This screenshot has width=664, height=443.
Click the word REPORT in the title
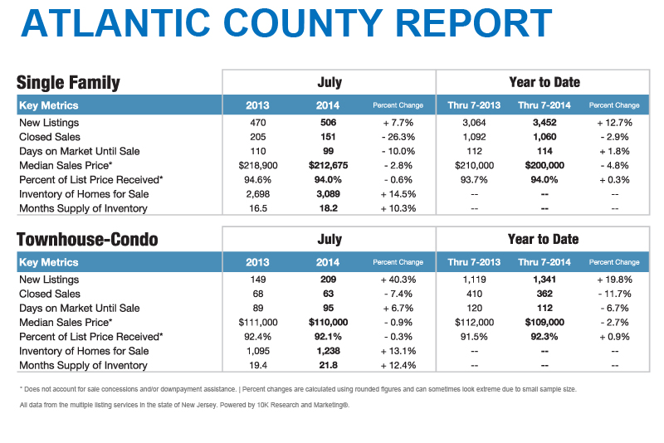pos(473,23)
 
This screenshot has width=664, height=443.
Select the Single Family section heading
pos(68,82)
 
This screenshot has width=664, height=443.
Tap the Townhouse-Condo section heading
pos(87,240)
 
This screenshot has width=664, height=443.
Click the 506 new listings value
pos(328,123)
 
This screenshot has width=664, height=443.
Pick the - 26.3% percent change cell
pos(398,137)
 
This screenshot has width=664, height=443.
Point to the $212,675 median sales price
pos(328,165)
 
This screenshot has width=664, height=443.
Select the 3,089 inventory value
pos(328,194)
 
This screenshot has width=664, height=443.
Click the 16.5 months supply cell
pos(258,208)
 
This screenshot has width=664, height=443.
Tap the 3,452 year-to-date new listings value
pos(544,123)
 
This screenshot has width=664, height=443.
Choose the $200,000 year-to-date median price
pos(544,165)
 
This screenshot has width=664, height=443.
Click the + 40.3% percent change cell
pos(398,280)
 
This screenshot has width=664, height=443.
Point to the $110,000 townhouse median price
pos(328,323)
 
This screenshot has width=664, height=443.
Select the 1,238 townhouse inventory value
pos(328,351)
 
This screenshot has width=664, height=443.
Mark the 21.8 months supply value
pos(328,366)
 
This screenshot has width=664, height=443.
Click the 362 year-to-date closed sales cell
pos(544,294)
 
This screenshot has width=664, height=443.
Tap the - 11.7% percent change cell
pos(614,294)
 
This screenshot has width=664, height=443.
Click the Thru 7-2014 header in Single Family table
pos(544,105)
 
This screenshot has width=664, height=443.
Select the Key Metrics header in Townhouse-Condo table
pos(49,262)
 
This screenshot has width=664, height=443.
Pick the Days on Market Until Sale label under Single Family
pos(80,152)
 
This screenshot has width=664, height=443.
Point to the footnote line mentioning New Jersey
pos(184,406)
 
